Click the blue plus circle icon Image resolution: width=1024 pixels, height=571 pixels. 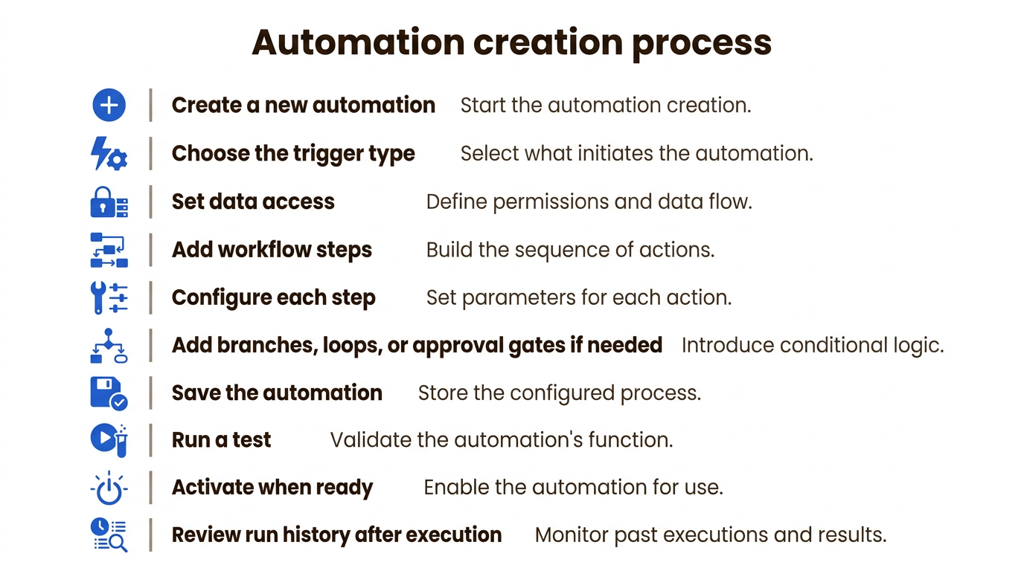(109, 105)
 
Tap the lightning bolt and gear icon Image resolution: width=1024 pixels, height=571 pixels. (109, 153)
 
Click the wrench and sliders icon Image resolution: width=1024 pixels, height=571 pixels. (109, 298)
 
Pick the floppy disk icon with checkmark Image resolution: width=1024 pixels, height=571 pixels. (109, 393)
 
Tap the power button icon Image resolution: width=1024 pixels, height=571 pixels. (109, 488)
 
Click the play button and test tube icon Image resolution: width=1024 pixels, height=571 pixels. (109, 440)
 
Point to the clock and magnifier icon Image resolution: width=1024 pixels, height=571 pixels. (109, 535)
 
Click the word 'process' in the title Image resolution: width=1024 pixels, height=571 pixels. (702, 45)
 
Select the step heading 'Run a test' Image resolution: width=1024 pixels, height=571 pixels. (221, 440)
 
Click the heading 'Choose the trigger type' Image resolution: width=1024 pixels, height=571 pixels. (293, 153)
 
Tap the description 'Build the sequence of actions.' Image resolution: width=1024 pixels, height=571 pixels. (570, 250)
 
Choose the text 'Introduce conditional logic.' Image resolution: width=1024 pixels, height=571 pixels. (813, 345)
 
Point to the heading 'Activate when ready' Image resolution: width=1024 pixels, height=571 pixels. (272, 488)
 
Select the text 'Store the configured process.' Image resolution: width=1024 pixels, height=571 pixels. (560, 393)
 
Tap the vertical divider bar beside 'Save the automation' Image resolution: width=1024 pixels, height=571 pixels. (150, 393)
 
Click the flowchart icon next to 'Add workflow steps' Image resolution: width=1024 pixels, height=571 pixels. (109, 250)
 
